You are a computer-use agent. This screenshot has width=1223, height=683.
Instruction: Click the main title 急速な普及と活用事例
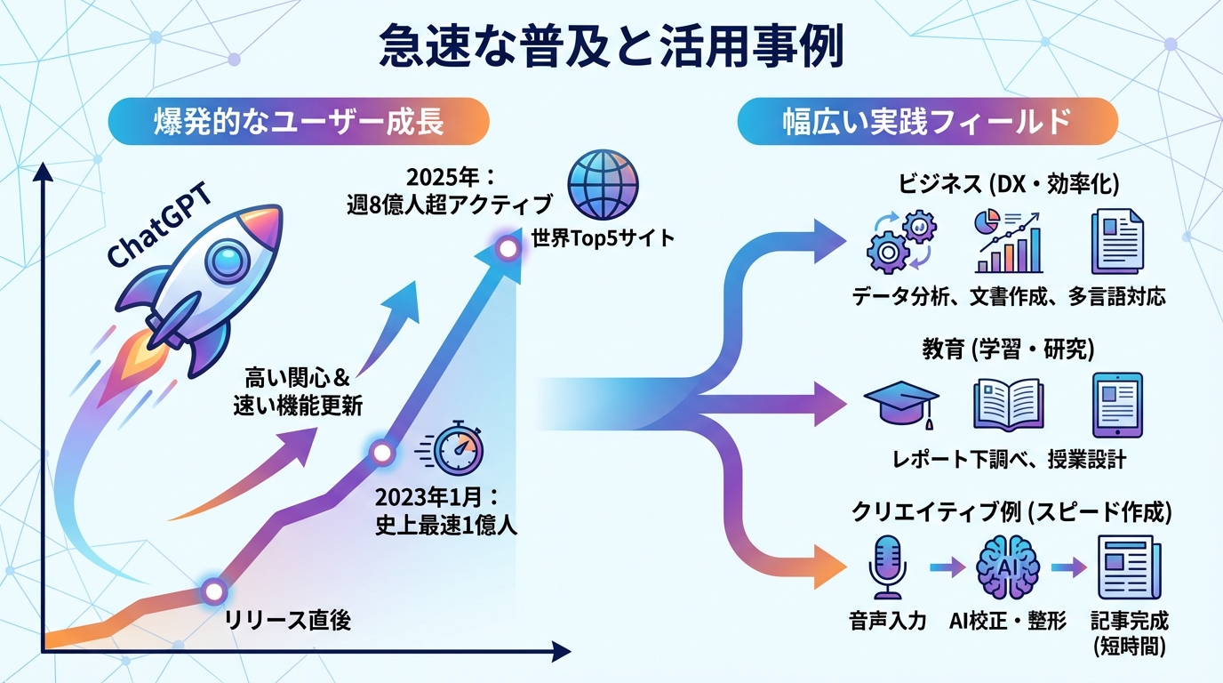[x=611, y=47]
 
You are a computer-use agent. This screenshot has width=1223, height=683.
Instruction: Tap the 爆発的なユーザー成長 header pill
[x=299, y=122]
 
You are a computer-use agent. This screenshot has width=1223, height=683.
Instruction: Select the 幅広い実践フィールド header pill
[x=927, y=122]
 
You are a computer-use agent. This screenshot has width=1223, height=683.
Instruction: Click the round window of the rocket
[x=224, y=263]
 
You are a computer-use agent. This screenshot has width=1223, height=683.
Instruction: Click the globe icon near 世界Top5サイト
[x=602, y=184]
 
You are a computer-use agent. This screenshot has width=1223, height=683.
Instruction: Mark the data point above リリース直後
[x=212, y=590]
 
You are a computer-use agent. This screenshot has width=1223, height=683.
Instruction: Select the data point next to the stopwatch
[x=382, y=453]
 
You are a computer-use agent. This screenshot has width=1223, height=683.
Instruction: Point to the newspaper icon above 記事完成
[x=1124, y=566]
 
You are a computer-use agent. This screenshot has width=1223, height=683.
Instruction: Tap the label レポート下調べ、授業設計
[x=1008, y=459]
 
